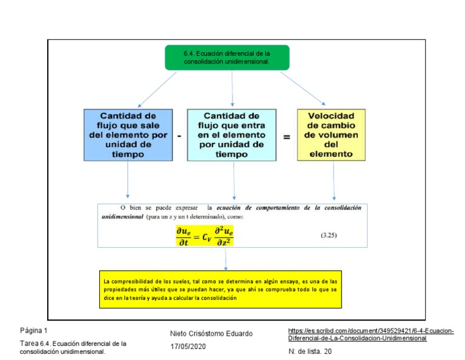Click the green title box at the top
pyautogui.click(x=227, y=57)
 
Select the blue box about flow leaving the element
pyautogui.click(x=128, y=135)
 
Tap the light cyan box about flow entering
pyautogui.click(x=231, y=135)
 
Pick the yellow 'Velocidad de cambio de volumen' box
pyautogui.click(x=331, y=135)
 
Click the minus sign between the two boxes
pyautogui.click(x=179, y=136)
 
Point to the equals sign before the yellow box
pyautogui.click(x=286, y=136)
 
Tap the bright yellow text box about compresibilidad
pyautogui.click(x=220, y=289)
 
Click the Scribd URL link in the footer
pyautogui.click(x=371, y=334)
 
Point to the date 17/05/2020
pyautogui.click(x=188, y=346)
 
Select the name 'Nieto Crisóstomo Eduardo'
pyautogui.click(x=211, y=333)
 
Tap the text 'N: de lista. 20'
pyautogui.click(x=310, y=351)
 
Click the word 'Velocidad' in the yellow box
pyautogui.click(x=331, y=115)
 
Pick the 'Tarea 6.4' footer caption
pyautogui.click(x=73, y=347)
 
